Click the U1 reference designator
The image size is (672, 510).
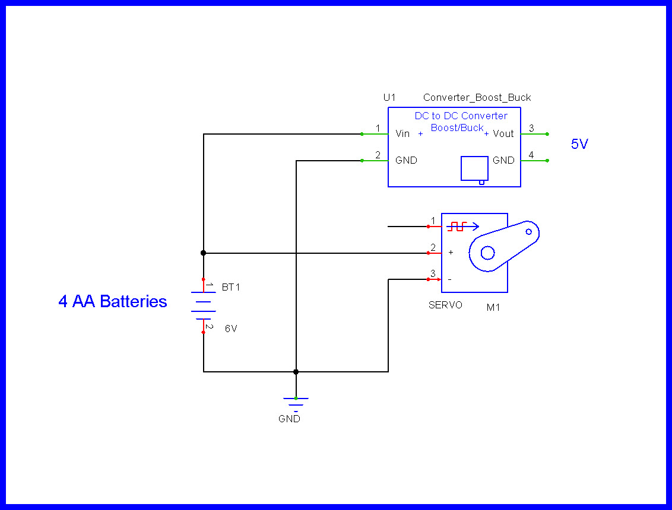pos(389,97)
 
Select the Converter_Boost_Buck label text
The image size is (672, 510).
pos(477,97)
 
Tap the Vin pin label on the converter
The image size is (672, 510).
pos(402,134)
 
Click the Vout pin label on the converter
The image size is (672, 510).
pos(503,134)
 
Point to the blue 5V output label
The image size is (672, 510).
pos(579,144)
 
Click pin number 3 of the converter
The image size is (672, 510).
pos(531,128)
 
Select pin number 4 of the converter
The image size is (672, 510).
pos(531,155)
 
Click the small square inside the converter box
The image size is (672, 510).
pos(474,168)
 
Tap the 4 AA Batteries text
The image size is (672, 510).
pos(113,301)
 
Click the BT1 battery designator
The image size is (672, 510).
pos(231,287)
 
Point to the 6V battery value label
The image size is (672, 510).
pos(231,329)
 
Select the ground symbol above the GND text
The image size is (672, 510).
pos(296,402)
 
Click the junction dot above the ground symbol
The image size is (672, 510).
pos(296,372)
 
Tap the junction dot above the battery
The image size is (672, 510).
pos(204,253)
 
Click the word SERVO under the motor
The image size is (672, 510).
pos(445,305)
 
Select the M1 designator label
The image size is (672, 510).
pos(493,307)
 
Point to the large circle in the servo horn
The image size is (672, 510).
pos(487,253)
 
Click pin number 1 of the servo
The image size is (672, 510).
pos(433,221)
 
